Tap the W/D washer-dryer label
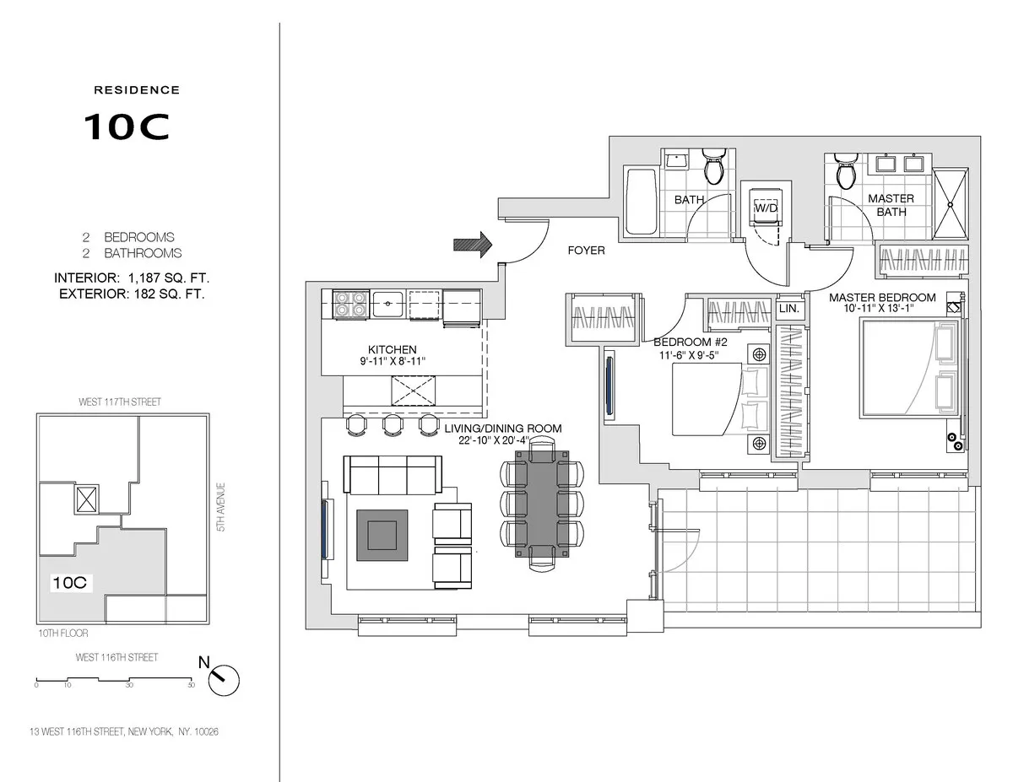coord(766,208)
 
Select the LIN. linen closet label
coord(788,310)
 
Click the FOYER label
coord(586,251)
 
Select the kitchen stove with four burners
coord(349,305)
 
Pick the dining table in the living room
coord(541,502)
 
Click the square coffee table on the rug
coord(379,537)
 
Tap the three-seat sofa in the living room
coord(393,475)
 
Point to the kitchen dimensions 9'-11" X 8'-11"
coord(392,361)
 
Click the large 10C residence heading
coord(127,126)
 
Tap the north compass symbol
coord(225,677)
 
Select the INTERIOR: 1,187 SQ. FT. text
coord(132,278)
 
